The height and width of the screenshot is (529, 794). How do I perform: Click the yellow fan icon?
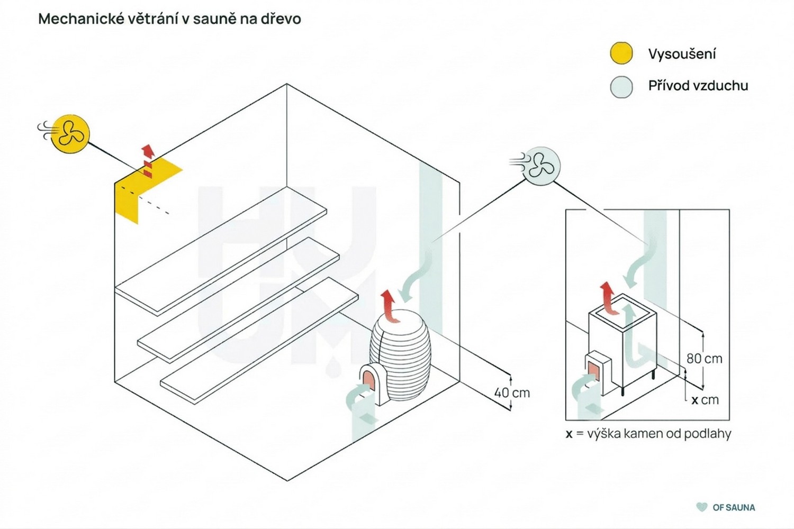pos(70,134)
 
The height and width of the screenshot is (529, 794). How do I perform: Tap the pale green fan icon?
pos(541,166)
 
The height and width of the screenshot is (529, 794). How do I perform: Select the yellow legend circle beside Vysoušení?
pos(621,53)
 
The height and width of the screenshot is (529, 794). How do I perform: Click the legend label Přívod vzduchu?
pos(698,86)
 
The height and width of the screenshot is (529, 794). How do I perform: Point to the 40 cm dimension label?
pos(512,393)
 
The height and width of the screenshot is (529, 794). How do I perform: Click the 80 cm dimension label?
pos(705,359)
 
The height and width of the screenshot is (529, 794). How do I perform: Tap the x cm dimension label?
pos(705,400)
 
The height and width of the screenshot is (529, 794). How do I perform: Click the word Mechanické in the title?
pos(82,19)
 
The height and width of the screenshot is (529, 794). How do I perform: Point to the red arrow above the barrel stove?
pos(391,306)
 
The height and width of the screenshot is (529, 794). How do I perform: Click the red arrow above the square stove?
pos(609,298)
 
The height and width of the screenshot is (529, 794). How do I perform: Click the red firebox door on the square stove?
pos(594,371)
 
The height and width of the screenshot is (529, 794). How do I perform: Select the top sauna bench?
pos(221,251)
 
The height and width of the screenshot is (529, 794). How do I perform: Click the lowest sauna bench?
pos(259,341)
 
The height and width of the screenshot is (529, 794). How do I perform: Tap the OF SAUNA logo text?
pos(734,507)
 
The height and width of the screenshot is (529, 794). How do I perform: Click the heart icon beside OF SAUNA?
pos(701,507)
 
